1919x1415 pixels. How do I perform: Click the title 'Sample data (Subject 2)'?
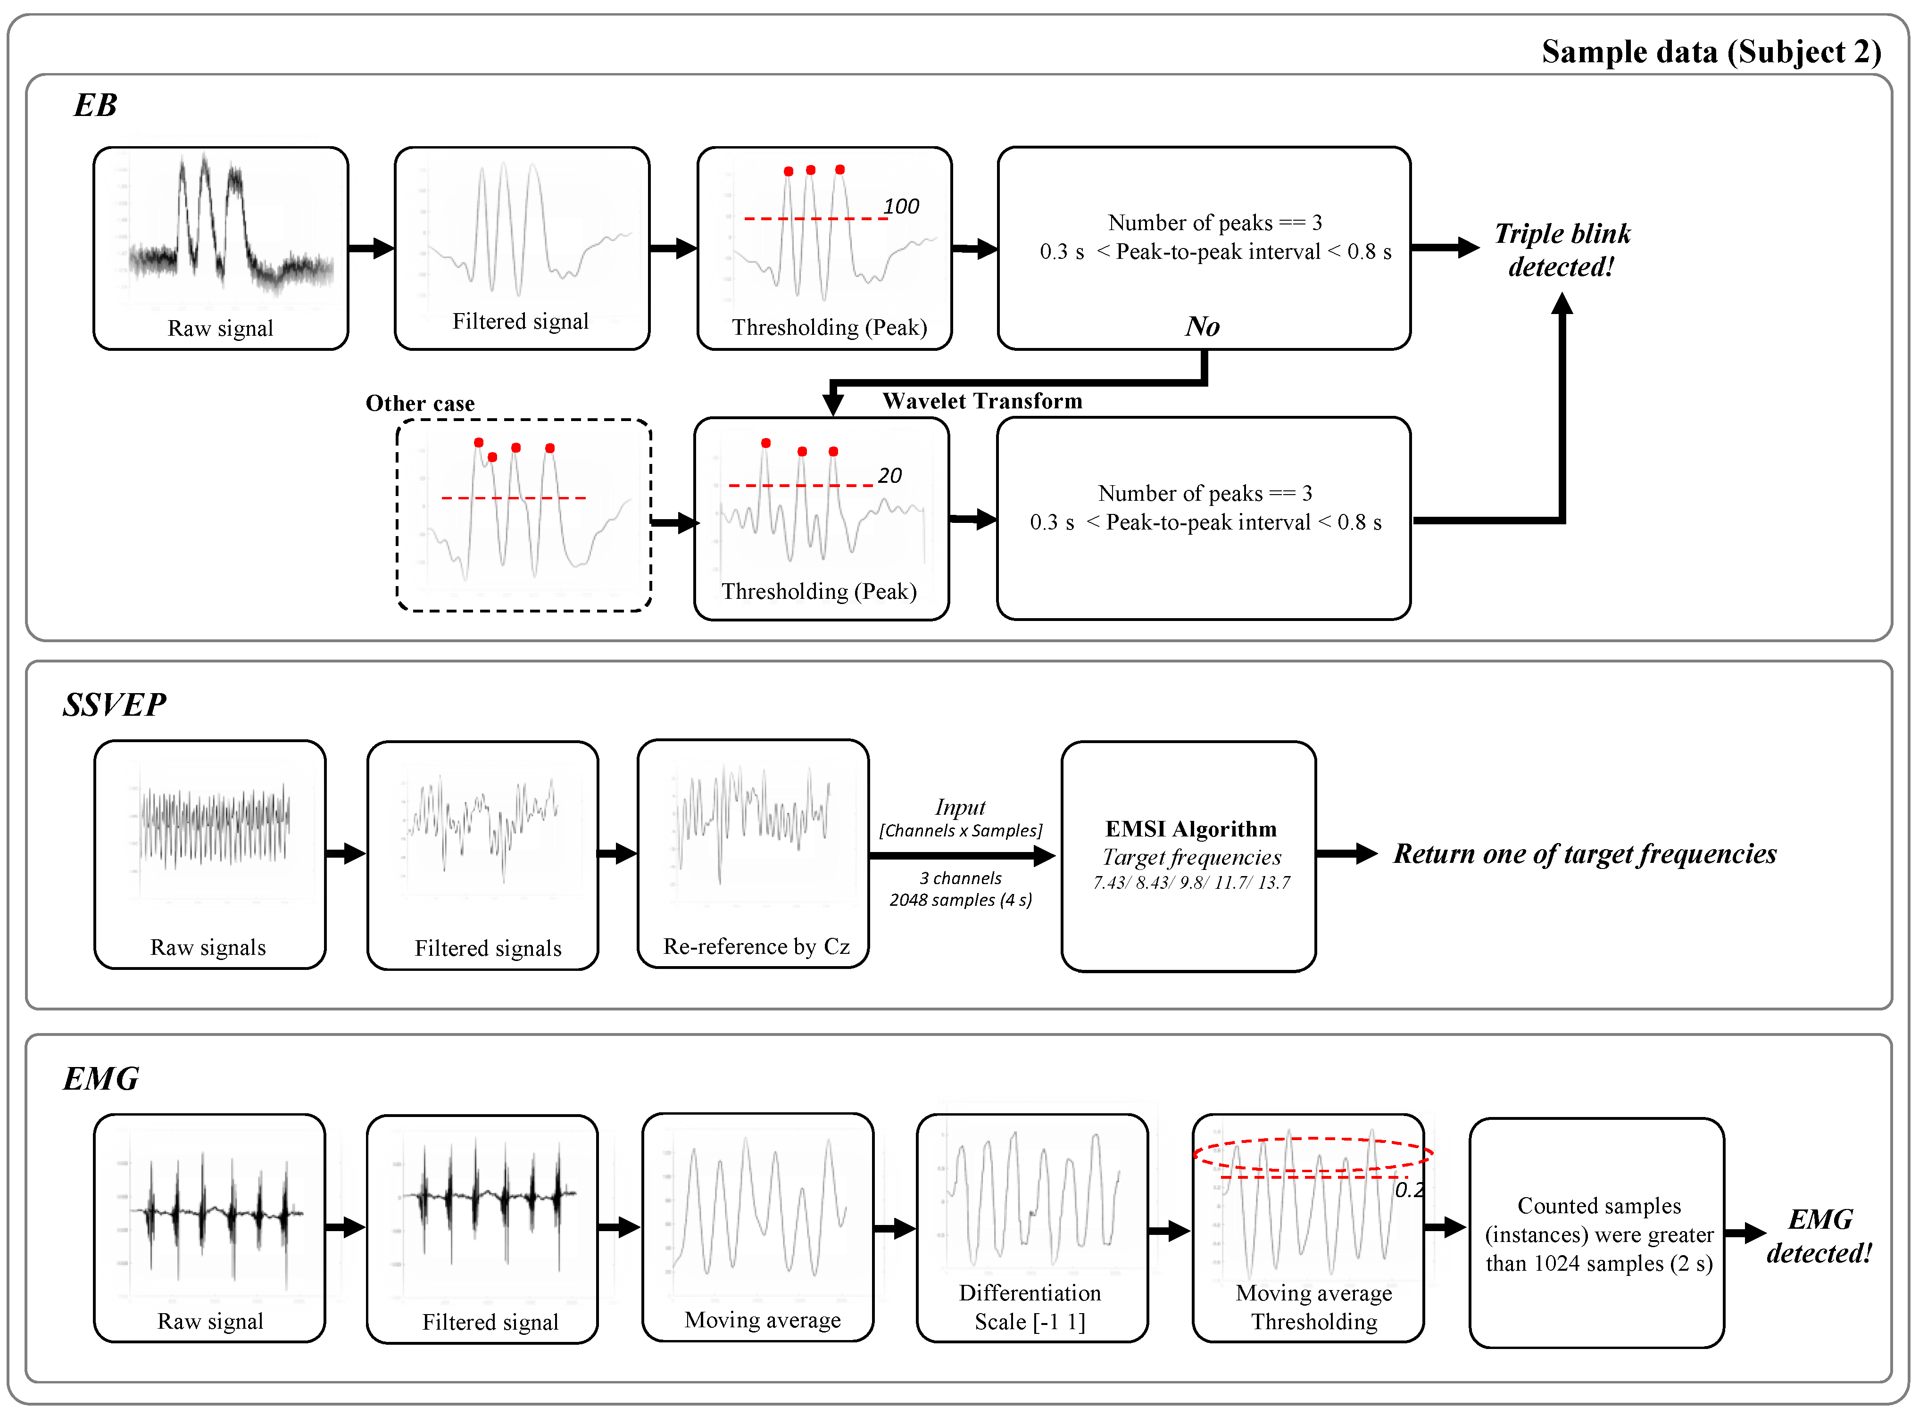(1711, 52)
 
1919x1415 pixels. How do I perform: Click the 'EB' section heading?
(95, 105)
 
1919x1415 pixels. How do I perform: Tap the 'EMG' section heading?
(101, 1078)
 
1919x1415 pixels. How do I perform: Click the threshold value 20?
(889, 475)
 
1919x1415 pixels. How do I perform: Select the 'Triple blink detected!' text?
(1562, 250)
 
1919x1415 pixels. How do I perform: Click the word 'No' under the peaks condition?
(1202, 326)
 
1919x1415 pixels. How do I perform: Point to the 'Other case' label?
(420, 404)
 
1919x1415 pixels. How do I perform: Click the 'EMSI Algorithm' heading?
(1191, 829)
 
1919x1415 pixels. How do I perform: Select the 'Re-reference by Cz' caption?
(756, 946)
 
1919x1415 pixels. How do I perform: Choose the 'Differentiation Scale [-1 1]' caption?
(1030, 1307)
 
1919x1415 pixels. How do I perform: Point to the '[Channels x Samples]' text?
(960, 831)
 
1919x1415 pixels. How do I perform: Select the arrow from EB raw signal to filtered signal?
(371, 248)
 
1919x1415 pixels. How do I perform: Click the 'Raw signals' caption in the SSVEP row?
(208, 947)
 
